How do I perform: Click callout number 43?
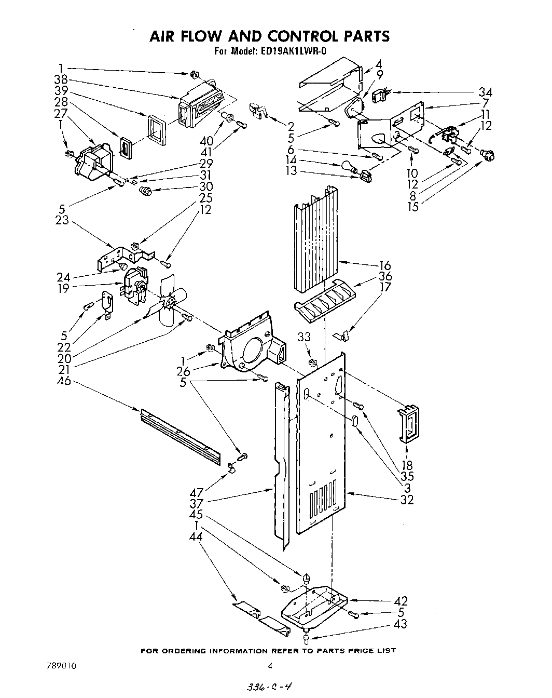point(400,624)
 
